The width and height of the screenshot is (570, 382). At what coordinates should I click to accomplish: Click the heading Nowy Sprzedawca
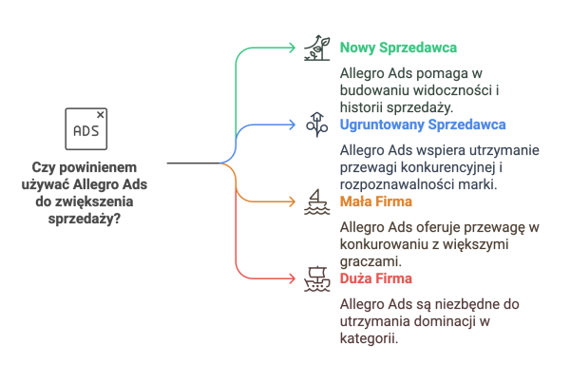coord(398,48)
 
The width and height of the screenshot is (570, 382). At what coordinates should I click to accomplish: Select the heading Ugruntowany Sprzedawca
coord(423,124)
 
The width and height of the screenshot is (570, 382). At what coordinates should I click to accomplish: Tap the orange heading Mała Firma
coord(376,201)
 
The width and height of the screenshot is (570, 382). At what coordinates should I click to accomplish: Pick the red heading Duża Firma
coord(376,278)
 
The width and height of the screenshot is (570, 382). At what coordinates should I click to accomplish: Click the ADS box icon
coord(86,129)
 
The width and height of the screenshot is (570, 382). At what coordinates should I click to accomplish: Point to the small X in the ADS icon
coord(101,115)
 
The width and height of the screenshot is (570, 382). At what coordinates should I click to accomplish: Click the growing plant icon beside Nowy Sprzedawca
coord(317,48)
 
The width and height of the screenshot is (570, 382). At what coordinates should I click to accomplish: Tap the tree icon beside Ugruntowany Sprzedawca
coord(317,124)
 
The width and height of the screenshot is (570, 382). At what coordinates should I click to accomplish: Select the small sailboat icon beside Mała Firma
coord(317,201)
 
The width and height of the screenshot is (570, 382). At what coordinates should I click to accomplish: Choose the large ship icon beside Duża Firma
coord(317,278)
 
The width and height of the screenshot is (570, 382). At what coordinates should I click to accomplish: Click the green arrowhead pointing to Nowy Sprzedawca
coord(292,48)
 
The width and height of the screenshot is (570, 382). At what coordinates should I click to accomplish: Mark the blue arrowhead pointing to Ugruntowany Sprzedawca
coord(292,124)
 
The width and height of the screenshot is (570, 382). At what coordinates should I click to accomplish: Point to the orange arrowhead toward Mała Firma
coord(292,201)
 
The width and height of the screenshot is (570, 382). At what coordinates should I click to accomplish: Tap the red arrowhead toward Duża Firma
coord(292,278)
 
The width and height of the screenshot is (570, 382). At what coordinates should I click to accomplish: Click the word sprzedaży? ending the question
coord(85,220)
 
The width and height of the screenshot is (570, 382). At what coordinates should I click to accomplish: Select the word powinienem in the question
coord(98,167)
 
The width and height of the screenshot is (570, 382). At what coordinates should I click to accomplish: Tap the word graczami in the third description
coord(370,261)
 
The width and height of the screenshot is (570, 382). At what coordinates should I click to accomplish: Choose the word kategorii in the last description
coord(369,338)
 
